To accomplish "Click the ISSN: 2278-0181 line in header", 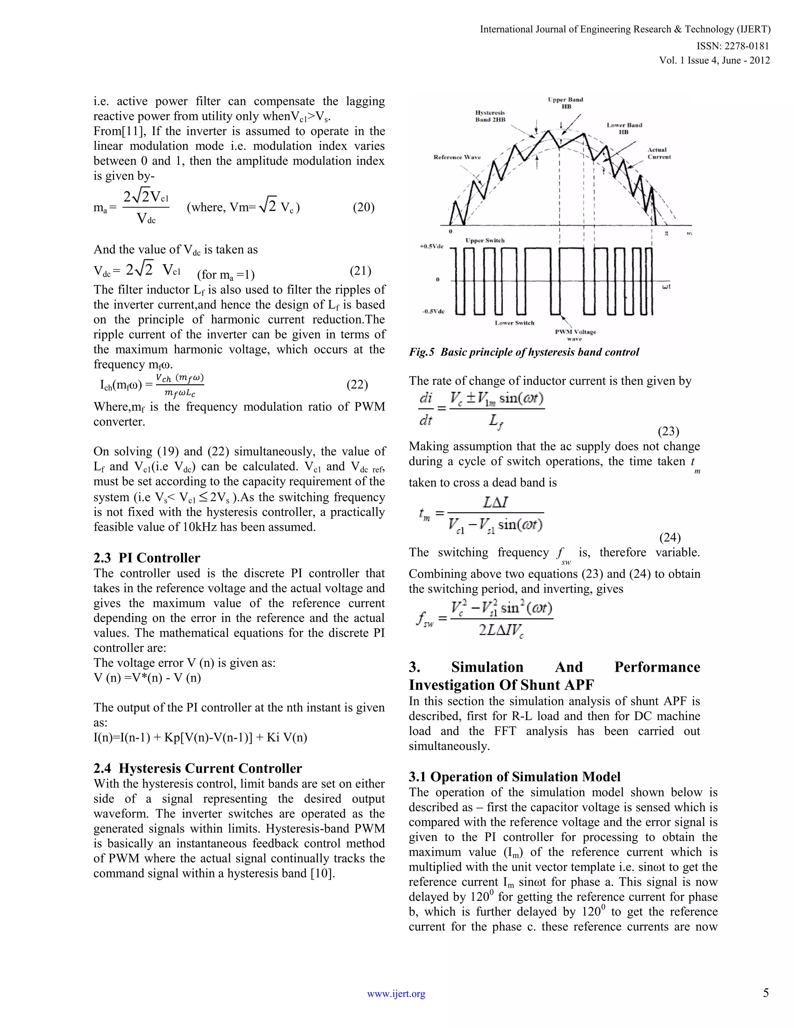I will tap(733, 46).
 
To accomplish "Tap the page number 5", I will tap(766, 993).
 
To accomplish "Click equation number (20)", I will tap(364, 207).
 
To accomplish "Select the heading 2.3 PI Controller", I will tap(147, 558).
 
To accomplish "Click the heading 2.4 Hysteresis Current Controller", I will tap(198, 768).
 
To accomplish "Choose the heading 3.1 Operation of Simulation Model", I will tap(514, 777).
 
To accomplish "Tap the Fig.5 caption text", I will tap(524, 352).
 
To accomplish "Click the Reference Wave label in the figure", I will tap(457, 157).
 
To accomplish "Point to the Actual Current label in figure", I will tap(659, 154).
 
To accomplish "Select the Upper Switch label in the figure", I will tap(485, 241).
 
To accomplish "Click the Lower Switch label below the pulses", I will tap(514, 323).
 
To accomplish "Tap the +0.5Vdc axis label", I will tap(432, 247).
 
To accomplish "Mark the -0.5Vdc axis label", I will tap(432, 312).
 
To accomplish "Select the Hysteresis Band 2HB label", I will tap(490, 116).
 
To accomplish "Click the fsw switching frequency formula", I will tap(485, 620).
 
